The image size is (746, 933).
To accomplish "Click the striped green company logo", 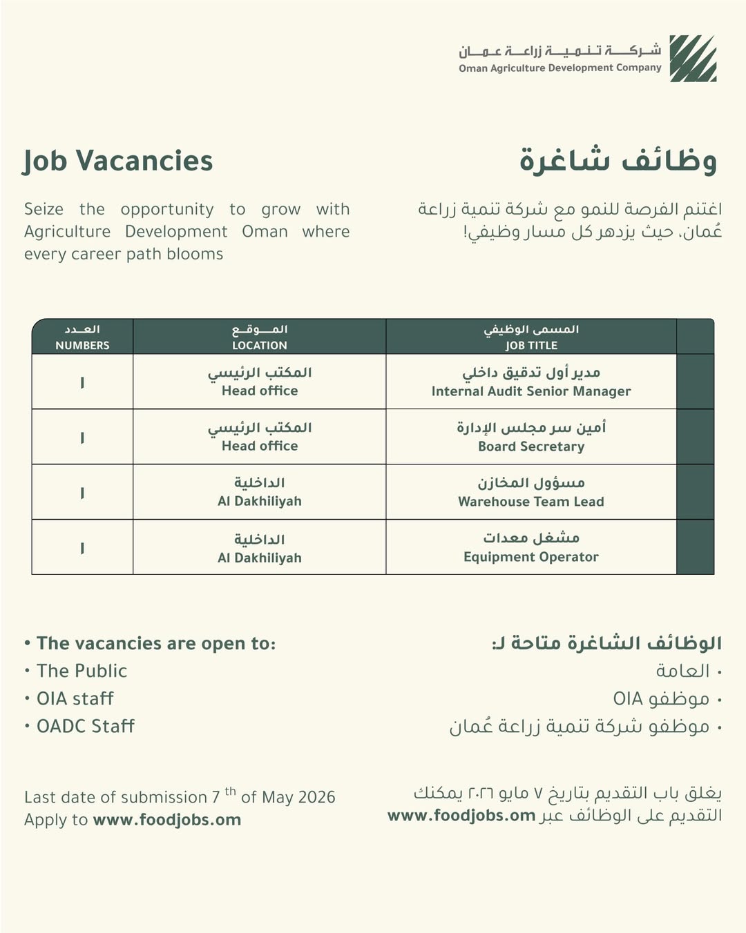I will tap(693, 59).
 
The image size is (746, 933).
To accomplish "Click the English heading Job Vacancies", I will tap(118, 161).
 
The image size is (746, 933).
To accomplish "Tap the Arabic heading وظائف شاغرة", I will tap(618, 161).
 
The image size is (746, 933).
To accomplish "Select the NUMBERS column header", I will tap(82, 337).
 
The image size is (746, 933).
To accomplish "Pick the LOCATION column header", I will tap(260, 337).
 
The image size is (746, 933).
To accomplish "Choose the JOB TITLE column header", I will tap(531, 337).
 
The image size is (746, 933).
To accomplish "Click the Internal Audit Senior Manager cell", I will tap(531, 382).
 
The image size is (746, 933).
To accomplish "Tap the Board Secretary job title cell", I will tap(531, 438).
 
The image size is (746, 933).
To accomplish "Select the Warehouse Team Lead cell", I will tap(531, 493).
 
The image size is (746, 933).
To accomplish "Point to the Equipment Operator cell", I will tap(531, 548).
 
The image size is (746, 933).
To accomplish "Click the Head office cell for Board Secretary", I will tap(260, 438).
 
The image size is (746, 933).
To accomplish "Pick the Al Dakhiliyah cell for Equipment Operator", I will tap(260, 548).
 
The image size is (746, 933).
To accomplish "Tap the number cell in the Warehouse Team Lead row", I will tap(82, 493).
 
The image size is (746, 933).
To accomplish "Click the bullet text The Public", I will tap(82, 671).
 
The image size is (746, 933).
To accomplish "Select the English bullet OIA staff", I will tap(75, 698).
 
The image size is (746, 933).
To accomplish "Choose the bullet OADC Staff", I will tap(85, 726).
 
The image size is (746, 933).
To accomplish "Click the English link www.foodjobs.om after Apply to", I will tap(167, 820).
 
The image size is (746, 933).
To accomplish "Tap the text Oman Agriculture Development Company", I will tap(560, 68).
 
